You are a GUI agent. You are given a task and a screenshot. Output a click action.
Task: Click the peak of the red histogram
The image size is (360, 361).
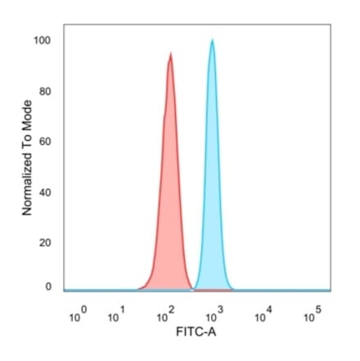(x=170, y=54)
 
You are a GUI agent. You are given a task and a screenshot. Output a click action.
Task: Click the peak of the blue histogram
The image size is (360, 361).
(x=213, y=40)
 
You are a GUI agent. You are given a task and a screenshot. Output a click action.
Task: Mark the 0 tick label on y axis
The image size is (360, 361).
(x=48, y=287)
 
